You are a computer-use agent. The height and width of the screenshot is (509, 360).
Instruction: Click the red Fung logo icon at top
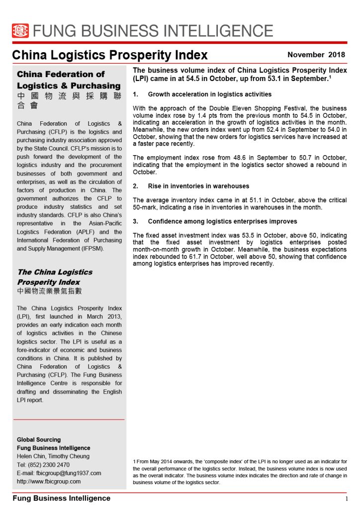[20, 31]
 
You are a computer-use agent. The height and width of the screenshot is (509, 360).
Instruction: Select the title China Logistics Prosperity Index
[110, 55]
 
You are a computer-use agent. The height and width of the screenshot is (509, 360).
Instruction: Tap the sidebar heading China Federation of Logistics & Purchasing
[69, 80]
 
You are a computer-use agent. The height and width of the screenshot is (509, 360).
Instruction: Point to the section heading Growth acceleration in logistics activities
[209, 94]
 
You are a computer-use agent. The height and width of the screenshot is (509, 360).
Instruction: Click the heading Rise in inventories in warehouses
[198, 186]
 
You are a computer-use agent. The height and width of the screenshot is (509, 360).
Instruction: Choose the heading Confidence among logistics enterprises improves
[222, 221]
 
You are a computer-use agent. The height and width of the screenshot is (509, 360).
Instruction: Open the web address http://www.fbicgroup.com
[49, 481]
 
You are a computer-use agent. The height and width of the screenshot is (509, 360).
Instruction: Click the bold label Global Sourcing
[39, 439]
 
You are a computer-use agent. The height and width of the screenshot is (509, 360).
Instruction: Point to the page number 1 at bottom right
[346, 499]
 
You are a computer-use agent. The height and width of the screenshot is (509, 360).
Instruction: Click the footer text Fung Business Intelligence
[61, 498]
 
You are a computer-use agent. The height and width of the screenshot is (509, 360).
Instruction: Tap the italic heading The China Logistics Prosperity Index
[55, 277]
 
